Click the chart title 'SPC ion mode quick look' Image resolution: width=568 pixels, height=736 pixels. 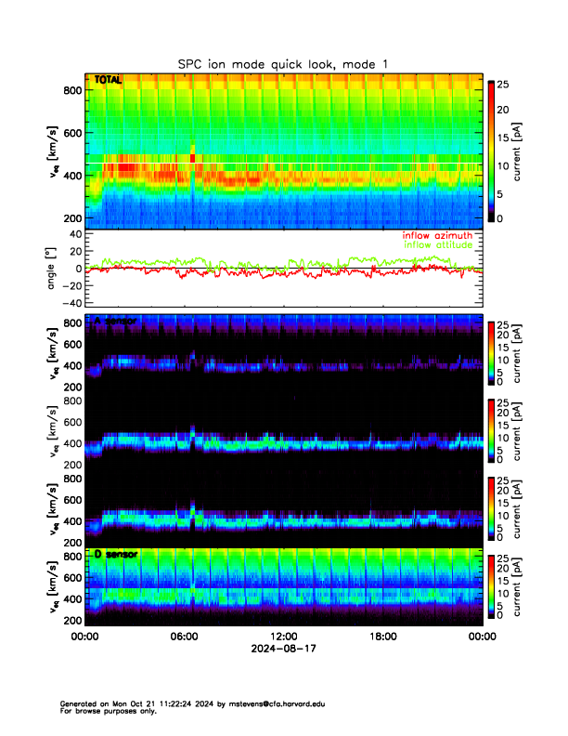283,63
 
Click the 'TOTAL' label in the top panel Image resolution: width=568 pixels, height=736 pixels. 108,81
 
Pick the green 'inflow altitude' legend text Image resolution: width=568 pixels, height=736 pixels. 438,245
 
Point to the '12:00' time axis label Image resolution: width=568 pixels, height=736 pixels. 283,637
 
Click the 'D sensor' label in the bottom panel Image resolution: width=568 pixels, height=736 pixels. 115,554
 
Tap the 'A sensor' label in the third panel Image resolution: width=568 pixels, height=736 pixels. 115,322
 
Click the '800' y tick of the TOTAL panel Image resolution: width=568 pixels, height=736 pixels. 70,90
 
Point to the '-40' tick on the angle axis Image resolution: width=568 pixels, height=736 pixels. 70,303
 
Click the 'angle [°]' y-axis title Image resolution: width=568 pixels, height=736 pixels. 53,269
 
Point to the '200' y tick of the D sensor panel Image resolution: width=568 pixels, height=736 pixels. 70,620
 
